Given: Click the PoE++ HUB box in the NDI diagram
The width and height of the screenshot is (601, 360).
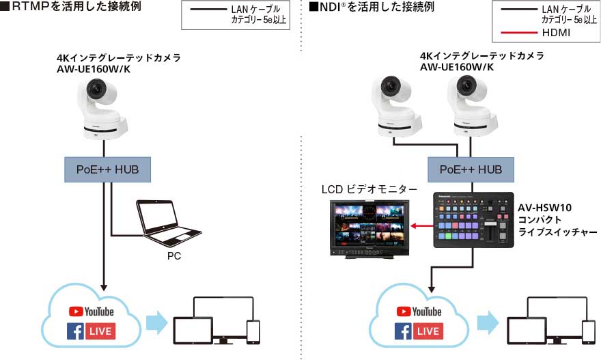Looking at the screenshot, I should click(x=471, y=169).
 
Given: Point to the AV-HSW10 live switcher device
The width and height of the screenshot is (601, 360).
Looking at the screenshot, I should click(x=473, y=219).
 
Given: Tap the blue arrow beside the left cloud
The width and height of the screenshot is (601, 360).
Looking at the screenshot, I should click(x=156, y=322).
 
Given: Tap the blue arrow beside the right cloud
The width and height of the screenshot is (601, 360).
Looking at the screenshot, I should click(x=488, y=322).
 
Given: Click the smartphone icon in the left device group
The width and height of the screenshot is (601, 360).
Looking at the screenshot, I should click(x=253, y=331).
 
